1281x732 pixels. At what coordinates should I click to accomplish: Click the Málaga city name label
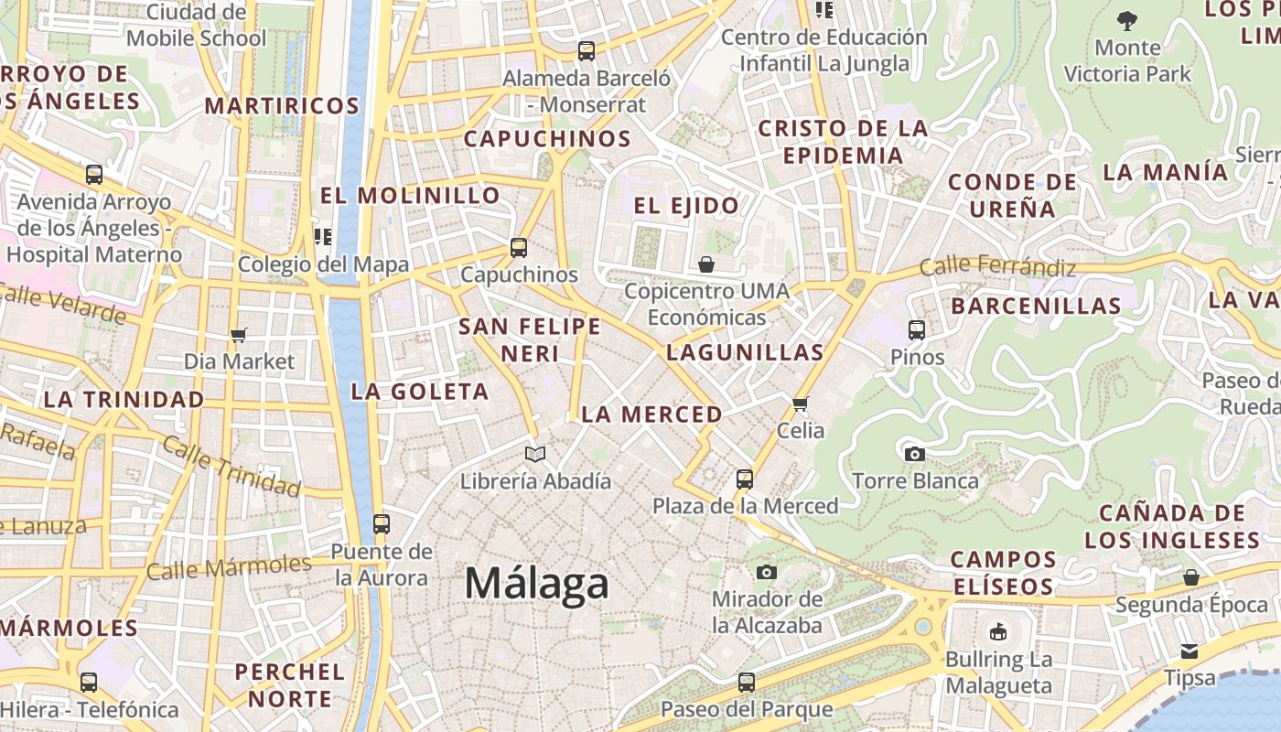pos(536,583)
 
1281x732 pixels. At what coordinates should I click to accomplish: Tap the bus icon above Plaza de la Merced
pos(745,479)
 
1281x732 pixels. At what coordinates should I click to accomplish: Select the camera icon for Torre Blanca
pos(914,454)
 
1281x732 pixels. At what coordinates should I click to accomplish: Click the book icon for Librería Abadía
pos(535,454)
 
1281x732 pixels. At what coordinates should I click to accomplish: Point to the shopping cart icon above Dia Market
pos(239,335)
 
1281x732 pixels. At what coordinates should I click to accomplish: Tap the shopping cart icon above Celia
pos(801,404)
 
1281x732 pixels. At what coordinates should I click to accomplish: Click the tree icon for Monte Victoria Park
pos(1127,20)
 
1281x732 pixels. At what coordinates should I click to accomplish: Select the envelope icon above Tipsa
pos(1189,651)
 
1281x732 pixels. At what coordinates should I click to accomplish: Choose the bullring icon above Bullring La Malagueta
pos(998,632)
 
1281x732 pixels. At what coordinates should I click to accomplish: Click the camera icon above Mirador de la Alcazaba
pos(767,573)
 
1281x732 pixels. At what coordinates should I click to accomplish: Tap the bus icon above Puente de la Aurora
pos(382,524)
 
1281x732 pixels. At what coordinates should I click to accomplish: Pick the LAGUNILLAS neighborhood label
pos(745,352)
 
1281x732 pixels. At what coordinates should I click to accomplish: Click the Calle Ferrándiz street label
pos(997,267)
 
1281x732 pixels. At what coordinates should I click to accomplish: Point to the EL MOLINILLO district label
pos(410,195)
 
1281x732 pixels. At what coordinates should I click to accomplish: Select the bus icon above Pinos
pos(917,330)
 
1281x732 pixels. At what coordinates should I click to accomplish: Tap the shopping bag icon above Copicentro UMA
pos(706,264)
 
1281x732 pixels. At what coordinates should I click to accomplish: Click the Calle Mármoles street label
pos(229,567)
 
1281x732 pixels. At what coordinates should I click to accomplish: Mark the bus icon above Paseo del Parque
pos(747,682)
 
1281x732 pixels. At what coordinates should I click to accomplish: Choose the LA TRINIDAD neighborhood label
pos(124,400)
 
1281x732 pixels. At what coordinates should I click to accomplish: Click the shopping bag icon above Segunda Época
pos(1191,577)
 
